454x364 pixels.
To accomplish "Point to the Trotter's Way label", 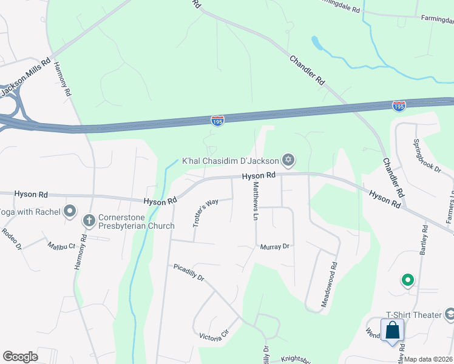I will pyautogui.click(x=205, y=213).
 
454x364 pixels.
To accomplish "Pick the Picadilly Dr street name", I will pyautogui.click(x=189, y=271).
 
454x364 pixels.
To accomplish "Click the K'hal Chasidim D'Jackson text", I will pyautogui.click(x=231, y=161).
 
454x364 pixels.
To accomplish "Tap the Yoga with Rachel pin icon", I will pyautogui.click(x=70, y=211).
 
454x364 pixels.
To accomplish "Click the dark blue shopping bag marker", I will pyautogui.click(x=393, y=331).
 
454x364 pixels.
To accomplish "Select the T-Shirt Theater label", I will pyautogui.click(x=413, y=314).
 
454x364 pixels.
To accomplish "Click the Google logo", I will pyautogui.click(x=20, y=356).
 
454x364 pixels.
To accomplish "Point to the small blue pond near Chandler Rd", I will pyautogui.click(x=316, y=43).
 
